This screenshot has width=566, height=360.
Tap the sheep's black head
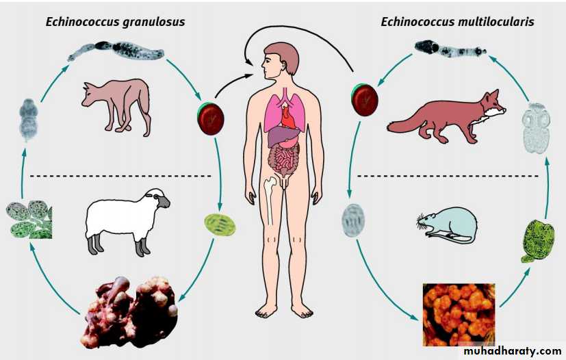coord(162,200)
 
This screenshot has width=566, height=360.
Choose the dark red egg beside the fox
coord(364,99)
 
